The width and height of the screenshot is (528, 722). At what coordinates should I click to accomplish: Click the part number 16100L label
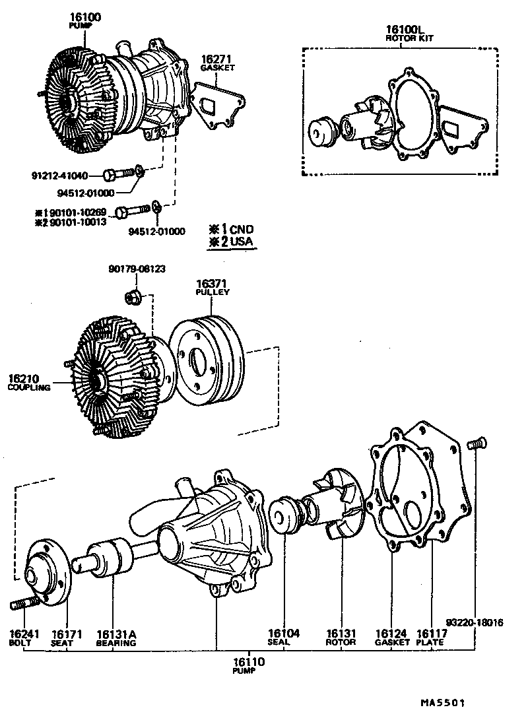(x=402, y=30)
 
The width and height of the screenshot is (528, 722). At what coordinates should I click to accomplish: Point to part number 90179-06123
(x=137, y=269)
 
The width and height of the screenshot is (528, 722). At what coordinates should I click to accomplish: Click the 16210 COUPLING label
(x=29, y=383)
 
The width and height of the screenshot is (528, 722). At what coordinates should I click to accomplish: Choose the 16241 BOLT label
(x=25, y=638)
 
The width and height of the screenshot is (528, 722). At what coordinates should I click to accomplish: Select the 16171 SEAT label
(x=66, y=638)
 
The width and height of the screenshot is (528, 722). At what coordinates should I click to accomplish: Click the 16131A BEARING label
(x=115, y=638)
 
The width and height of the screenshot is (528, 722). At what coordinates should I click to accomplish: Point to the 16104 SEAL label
(x=284, y=637)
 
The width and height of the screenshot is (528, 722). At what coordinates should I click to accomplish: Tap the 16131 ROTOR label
(x=341, y=637)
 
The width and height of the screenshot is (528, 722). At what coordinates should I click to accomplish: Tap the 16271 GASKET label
(x=218, y=63)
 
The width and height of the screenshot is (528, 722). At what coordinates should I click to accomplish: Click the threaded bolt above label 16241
(x=21, y=604)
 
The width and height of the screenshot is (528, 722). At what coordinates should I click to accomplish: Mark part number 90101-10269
(x=78, y=212)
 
